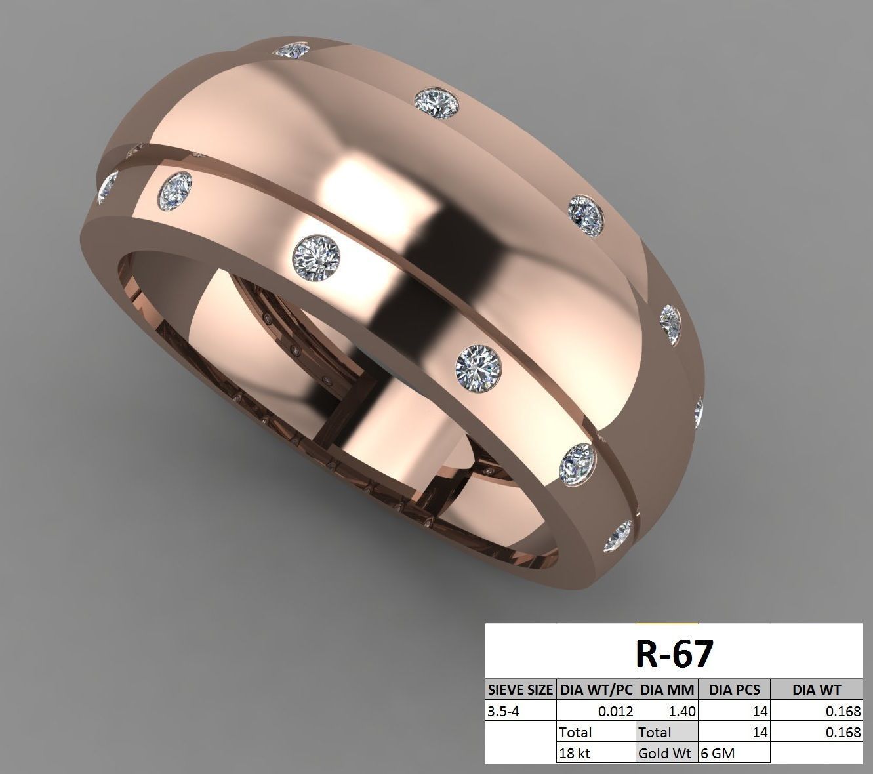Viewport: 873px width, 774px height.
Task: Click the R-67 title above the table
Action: tap(674, 653)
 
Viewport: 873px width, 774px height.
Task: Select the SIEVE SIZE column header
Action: tap(520, 689)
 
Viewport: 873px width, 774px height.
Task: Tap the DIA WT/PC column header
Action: tap(596, 689)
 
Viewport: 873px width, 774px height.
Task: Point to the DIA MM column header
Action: tap(667, 689)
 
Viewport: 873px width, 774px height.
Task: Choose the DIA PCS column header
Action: tap(734, 689)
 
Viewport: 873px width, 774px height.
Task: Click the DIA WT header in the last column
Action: tap(816, 689)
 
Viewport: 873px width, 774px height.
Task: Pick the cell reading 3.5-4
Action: tap(503, 710)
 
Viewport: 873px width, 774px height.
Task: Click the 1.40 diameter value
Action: tap(683, 710)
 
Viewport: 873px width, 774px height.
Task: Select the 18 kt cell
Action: tap(575, 753)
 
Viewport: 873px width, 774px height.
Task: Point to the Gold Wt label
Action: tap(665, 753)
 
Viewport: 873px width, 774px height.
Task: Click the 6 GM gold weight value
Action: tap(718, 753)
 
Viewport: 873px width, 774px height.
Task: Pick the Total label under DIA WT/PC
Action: tap(575, 732)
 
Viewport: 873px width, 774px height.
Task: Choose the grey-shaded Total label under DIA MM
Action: tap(655, 732)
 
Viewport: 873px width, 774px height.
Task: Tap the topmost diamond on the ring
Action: tap(292, 50)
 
